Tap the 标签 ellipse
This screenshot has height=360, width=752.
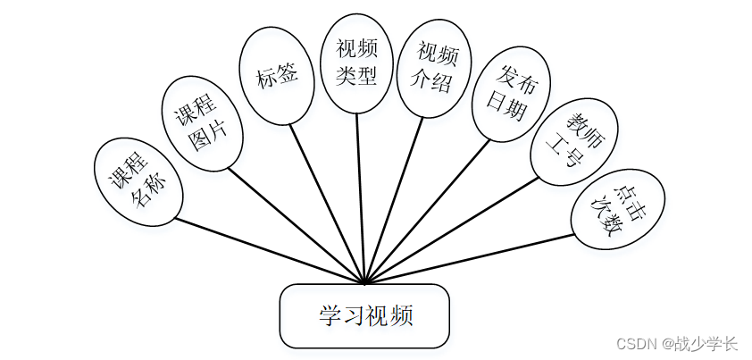276,77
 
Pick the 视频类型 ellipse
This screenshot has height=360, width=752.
356,63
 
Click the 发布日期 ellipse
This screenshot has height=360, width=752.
511,95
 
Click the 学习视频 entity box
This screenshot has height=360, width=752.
364,316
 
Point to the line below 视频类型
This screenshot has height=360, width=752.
360,197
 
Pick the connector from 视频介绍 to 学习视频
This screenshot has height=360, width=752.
393,200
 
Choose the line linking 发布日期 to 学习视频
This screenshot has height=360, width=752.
428,211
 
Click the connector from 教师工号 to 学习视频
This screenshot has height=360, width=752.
451,230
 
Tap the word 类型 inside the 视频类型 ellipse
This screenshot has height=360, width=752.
356,75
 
